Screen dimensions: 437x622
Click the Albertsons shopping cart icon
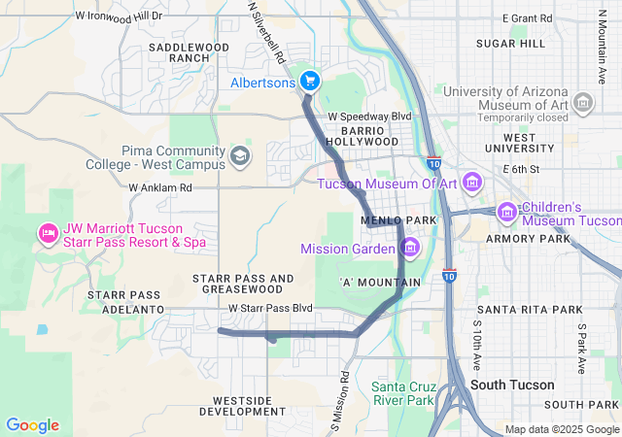point(310,81)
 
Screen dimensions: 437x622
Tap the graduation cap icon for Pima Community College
point(239,155)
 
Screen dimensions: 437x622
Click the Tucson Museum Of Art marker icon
point(472,183)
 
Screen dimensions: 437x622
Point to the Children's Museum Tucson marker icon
point(506,212)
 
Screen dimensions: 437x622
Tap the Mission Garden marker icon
point(409,249)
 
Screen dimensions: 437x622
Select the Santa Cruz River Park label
point(402,393)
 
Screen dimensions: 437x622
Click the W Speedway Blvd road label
point(369,116)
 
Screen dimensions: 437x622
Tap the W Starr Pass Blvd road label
point(270,309)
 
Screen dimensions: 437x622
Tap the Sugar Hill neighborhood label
point(510,45)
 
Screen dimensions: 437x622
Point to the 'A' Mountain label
point(380,283)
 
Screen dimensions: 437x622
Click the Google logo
point(32,424)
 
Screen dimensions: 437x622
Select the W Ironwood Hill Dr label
point(119,17)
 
